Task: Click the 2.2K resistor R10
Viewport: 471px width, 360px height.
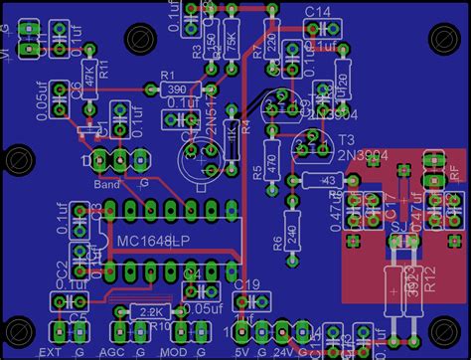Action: click(x=152, y=312)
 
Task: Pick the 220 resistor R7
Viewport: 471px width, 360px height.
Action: click(x=273, y=44)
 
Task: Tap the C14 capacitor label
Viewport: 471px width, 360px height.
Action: click(x=318, y=11)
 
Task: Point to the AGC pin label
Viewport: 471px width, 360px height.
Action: click(x=114, y=352)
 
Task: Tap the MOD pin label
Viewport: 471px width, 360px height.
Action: click(x=176, y=352)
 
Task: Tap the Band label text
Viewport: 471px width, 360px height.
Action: click(x=107, y=184)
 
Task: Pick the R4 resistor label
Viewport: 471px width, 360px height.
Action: click(x=246, y=124)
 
